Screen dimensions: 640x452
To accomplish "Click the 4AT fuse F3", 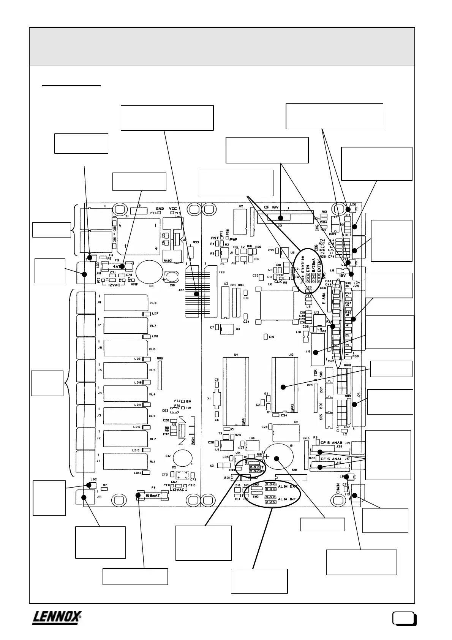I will (x=123, y=266).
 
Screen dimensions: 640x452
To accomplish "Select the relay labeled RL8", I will (x=125, y=303).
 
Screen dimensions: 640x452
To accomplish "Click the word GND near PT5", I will (x=160, y=209).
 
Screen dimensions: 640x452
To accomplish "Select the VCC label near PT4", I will (x=173, y=209).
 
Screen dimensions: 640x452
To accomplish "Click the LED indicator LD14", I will (x=146, y=473).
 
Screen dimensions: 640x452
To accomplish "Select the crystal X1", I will (x=217, y=398).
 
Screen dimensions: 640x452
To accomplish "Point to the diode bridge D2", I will (x=183, y=475).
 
